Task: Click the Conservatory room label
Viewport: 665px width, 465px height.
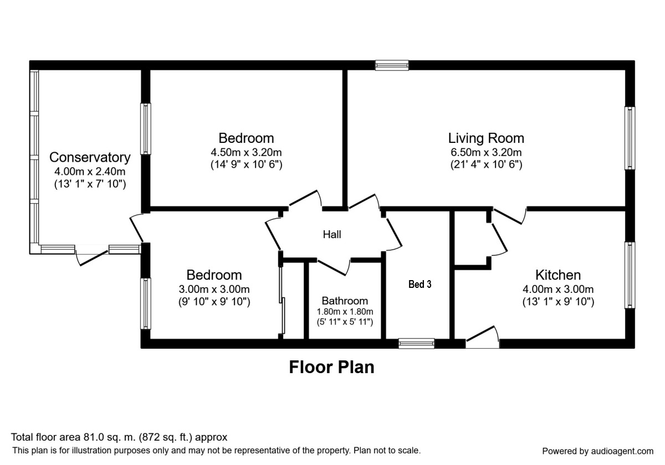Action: pos(90,158)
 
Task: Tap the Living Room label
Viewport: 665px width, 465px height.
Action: pos(486,138)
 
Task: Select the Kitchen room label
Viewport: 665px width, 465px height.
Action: pos(557,275)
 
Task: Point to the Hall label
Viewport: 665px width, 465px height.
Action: pos(332,235)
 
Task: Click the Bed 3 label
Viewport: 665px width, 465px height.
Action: pos(420,285)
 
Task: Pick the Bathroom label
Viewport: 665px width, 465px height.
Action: pos(345,301)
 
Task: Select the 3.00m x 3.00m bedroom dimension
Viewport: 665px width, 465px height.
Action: pos(214,290)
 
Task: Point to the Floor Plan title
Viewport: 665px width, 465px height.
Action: pos(331,367)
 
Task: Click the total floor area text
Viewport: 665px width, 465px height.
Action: pos(119,437)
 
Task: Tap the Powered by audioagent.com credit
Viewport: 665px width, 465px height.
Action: pos(597,451)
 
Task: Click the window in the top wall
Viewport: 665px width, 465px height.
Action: pos(392,65)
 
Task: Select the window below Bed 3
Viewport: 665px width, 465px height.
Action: pos(417,344)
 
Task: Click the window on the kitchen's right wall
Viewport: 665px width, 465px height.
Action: pos(630,275)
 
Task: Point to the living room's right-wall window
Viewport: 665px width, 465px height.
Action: pos(630,138)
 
